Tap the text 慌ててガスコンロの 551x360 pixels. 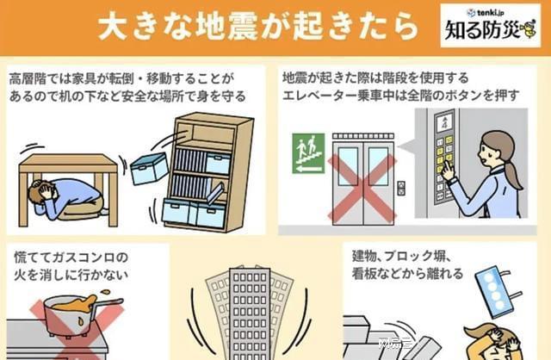(67, 258)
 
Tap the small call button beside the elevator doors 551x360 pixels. (401, 186)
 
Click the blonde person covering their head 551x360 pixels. (491, 340)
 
